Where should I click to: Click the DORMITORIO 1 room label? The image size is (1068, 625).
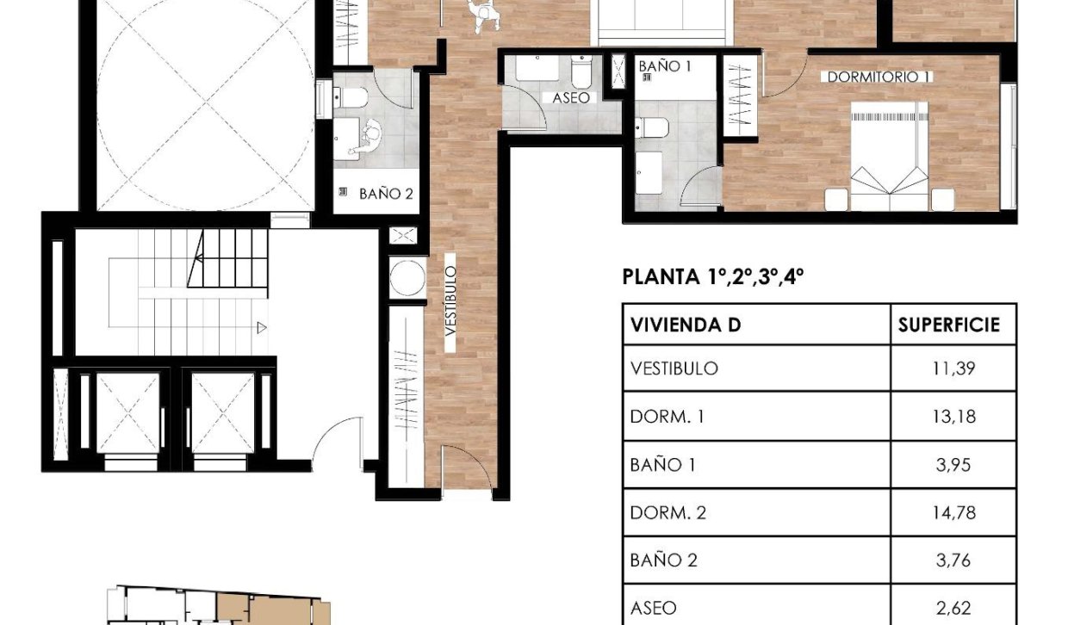(879, 77)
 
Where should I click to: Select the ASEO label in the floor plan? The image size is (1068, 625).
(572, 98)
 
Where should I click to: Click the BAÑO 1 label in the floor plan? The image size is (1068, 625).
(665, 65)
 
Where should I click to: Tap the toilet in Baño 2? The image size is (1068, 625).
(352, 97)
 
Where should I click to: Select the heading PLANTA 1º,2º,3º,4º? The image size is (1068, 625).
(712, 277)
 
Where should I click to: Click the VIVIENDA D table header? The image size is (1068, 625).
(686, 325)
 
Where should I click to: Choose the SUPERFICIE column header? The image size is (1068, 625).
(949, 325)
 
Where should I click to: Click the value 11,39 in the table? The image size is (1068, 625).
(953, 368)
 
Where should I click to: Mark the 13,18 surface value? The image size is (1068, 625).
(953, 417)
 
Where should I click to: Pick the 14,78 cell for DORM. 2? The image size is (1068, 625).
(953, 513)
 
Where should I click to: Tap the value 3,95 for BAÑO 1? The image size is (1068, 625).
(953, 465)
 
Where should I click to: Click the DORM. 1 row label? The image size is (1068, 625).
(667, 417)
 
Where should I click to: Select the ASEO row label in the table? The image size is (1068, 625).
(654, 608)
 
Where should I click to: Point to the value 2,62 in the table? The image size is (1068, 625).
(953, 608)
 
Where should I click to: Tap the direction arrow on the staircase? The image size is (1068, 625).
(261, 326)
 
